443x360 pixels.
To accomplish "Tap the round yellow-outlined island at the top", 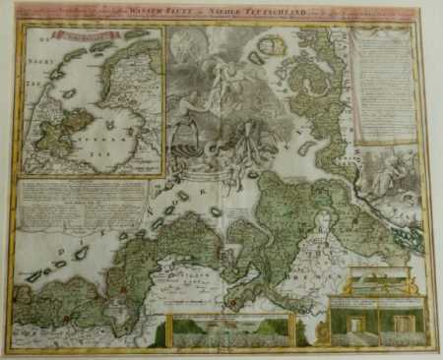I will tap(273, 45).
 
